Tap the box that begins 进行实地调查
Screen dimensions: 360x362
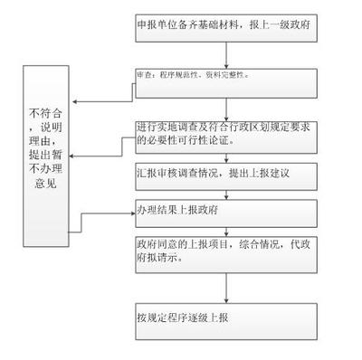tap(226, 133)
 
